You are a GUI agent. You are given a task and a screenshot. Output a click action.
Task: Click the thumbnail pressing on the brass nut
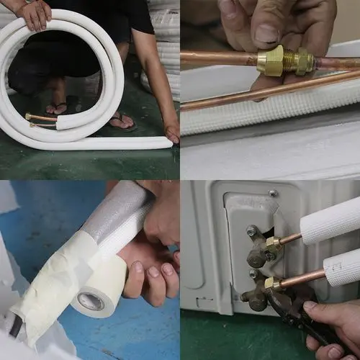click(266, 33)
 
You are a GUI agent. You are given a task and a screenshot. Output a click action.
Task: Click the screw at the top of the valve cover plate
click(273, 193)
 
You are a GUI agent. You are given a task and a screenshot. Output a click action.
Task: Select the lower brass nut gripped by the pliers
click(274, 285)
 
